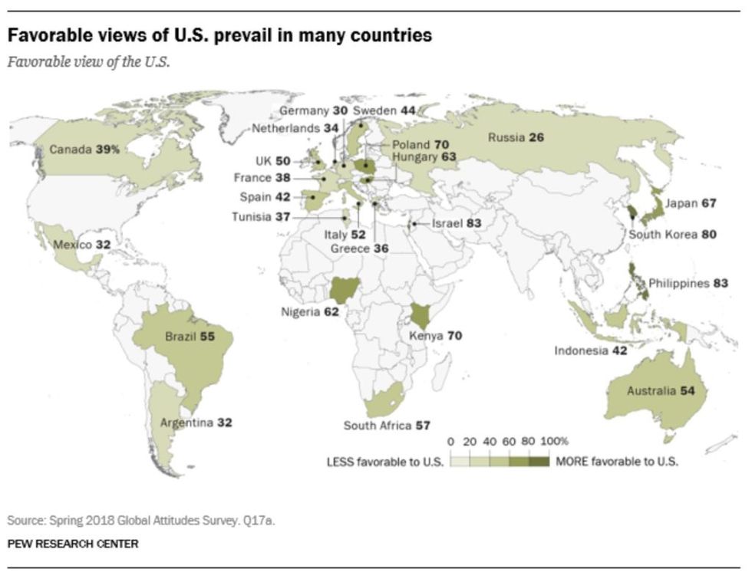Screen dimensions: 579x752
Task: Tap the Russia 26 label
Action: pos(516,138)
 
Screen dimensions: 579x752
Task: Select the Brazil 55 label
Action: pos(190,337)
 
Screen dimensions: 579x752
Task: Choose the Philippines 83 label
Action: pos(688,283)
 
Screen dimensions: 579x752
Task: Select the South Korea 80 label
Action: pos(672,235)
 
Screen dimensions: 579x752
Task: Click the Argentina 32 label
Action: pos(196,422)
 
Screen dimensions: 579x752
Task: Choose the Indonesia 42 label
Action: pos(592,351)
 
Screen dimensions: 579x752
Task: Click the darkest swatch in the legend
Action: pos(539,462)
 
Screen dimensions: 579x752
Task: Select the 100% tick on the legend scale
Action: pos(555,442)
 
